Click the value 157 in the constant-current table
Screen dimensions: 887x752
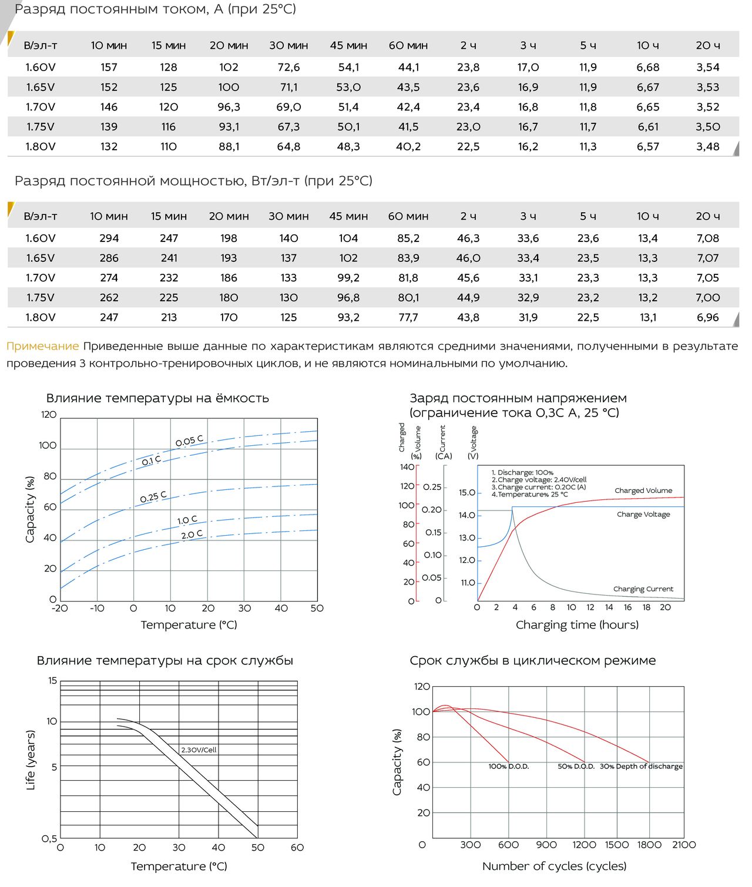click(x=109, y=68)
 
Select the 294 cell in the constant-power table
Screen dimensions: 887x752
click(x=109, y=238)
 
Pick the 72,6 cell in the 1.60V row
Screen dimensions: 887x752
click(x=288, y=68)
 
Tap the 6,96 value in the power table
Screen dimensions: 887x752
click(x=707, y=318)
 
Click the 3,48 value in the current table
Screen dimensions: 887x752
click(x=707, y=147)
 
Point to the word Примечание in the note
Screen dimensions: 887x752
click(x=42, y=347)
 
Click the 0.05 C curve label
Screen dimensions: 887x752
click(x=189, y=441)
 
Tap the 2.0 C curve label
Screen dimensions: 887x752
click(x=192, y=535)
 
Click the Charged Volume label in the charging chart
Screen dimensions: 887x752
click(x=643, y=490)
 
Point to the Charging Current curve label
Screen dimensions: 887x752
click(x=643, y=589)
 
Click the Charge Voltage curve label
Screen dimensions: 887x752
click(x=643, y=515)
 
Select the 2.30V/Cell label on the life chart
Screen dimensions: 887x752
click(x=199, y=750)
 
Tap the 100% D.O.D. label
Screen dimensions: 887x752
click(x=509, y=767)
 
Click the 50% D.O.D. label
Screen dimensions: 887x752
click(x=576, y=767)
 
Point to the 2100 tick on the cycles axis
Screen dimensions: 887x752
click(x=684, y=845)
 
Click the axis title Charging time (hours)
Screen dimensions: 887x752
click(x=577, y=625)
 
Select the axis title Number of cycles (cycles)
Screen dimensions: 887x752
click(x=554, y=866)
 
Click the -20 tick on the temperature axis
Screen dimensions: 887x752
click(x=60, y=609)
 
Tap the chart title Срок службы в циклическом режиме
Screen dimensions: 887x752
click(x=532, y=661)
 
